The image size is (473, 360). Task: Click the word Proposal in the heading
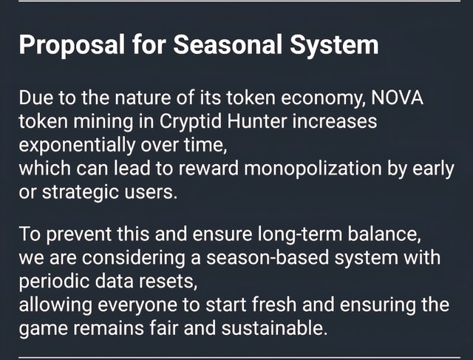72,44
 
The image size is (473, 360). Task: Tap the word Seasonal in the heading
228,44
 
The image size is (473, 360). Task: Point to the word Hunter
256,121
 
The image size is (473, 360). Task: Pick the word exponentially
77,145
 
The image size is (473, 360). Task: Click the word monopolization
313,169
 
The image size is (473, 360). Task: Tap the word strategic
81,192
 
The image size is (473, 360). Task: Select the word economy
324,98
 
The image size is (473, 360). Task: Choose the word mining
103,122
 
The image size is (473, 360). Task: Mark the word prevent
79,234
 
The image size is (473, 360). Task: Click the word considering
133,258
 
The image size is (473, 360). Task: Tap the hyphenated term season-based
268,257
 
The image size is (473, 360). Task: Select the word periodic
54,282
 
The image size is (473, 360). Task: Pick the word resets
168,282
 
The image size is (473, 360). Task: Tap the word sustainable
274,328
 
